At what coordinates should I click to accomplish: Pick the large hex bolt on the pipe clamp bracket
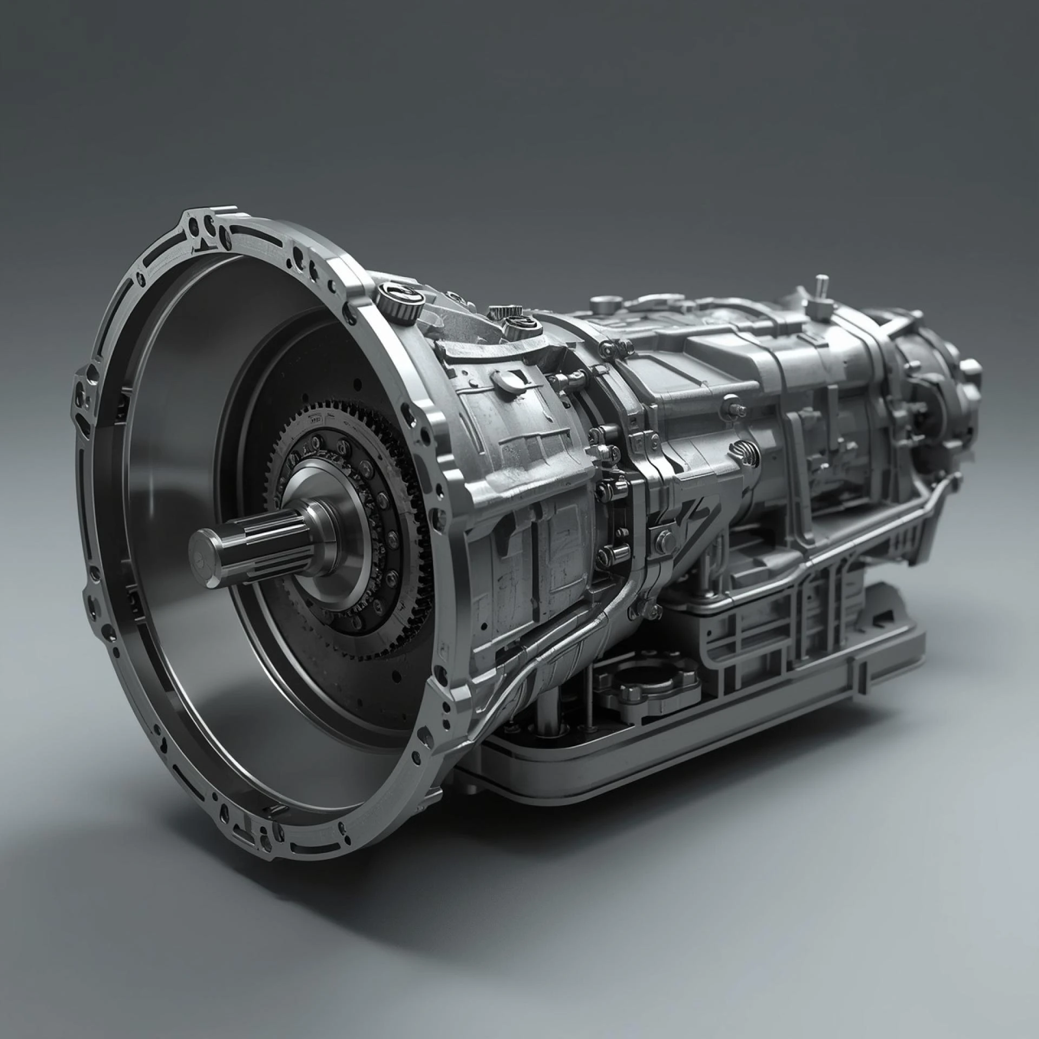coord(664,540)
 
